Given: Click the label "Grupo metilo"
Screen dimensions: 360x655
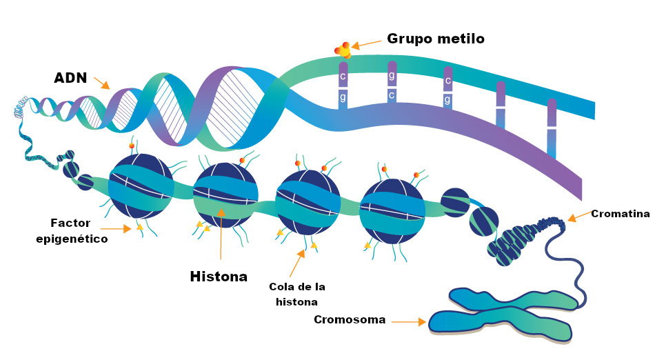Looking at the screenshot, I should coord(436,39).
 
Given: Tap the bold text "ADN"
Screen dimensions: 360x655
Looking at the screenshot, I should coord(70,78).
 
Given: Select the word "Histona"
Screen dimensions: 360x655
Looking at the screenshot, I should coord(219,277).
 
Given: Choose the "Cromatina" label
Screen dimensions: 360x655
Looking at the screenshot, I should coord(620,214).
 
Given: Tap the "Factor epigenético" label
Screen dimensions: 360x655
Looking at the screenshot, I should coord(72,231).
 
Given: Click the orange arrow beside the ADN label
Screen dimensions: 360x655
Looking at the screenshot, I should coord(101,83).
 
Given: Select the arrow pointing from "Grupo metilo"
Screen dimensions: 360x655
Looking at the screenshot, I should coord(366,43).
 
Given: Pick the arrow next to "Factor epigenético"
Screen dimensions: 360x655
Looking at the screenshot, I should coord(115,228).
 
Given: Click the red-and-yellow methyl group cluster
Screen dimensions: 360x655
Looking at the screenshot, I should coord(343,50).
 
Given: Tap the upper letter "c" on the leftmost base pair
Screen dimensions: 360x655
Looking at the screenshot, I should coord(342,76).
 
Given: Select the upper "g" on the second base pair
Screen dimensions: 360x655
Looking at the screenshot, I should coord(392,75).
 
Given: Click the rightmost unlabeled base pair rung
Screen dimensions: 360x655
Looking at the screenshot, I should coord(551,128).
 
